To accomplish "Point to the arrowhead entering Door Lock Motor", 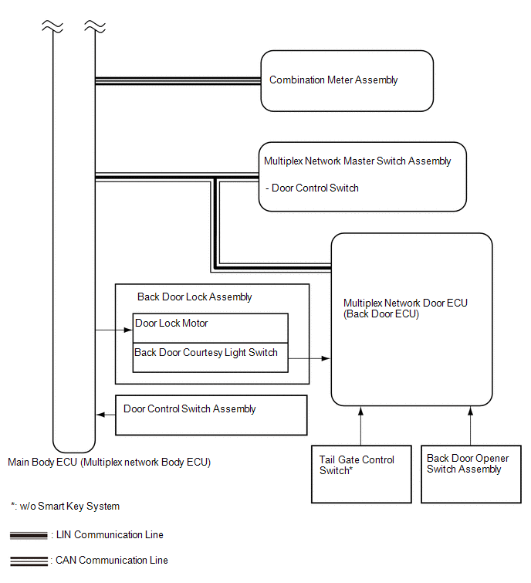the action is tap(129, 330).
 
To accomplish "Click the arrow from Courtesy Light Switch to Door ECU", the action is tap(309, 358).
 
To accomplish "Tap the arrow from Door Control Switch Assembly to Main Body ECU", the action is tap(106, 415).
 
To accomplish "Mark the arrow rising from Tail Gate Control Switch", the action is tap(360, 425).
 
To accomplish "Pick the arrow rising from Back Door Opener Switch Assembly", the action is tap(471, 425).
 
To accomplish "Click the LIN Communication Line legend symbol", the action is tap(29, 535).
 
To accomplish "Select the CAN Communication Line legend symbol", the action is tap(29, 561).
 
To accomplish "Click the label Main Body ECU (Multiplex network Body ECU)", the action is tap(110, 463).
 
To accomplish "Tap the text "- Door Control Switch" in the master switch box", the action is tap(312, 188).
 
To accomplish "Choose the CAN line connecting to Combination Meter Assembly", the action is tap(178, 81).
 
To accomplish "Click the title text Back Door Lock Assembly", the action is tap(194, 297).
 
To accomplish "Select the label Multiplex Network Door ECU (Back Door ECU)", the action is tap(405, 308).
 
